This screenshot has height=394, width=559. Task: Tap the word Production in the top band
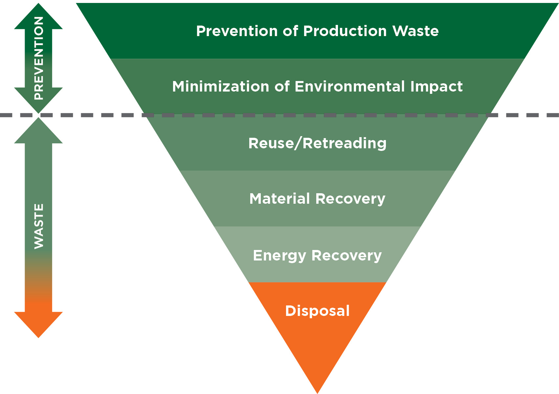click(345, 31)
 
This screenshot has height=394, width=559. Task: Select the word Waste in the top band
click(416, 31)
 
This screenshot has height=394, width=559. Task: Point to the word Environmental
click(350, 87)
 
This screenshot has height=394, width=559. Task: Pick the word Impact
click(436, 87)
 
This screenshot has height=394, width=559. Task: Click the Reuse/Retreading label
click(317, 143)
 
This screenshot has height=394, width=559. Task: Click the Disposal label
click(317, 311)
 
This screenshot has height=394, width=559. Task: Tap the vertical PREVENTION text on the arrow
click(39, 58)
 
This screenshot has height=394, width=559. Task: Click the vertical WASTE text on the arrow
click(39, 226)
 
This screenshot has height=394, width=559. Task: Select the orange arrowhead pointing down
click(38, 323)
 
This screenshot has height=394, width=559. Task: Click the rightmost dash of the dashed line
click(553, 115)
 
